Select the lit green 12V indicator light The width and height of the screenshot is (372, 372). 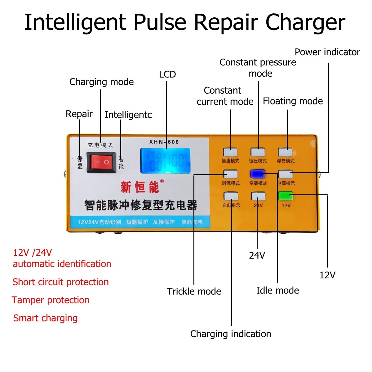point(286,196)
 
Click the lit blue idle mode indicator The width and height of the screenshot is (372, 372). point(258,174)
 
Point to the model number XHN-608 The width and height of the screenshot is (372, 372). point(164,142)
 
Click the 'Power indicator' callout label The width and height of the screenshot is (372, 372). point(327,52)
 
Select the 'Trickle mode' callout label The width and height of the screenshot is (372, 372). point(194,291)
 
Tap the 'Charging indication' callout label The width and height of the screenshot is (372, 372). point(231,334)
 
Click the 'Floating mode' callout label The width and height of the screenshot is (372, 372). point(293,101)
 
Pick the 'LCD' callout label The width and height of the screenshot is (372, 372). point(167,74)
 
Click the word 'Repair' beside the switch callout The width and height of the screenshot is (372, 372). point(79,114)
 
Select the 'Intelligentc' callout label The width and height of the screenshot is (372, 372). point(128,115)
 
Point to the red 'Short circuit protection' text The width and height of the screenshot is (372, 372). point(60,282)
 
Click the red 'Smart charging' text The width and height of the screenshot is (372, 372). point(45,318)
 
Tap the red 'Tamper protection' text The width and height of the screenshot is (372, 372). point(51,300)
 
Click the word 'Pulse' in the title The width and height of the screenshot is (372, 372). point(160,22)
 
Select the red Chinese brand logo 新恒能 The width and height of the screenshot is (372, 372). point(140,187)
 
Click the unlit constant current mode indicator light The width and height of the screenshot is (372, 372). point(230,152)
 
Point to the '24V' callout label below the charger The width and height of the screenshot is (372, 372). point(257,255)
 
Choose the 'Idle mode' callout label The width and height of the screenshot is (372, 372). point(277,290)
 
